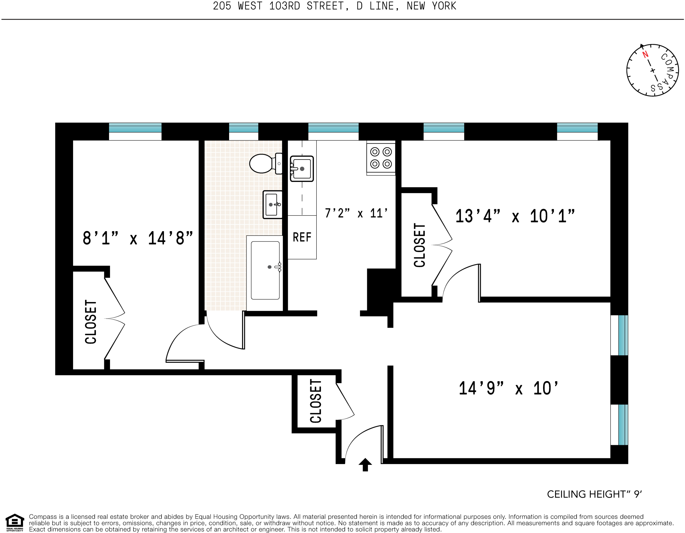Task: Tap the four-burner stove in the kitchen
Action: [x=381, y=158]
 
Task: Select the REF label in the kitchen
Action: [x=302, y=237]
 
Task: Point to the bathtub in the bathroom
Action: [x=265, y=270]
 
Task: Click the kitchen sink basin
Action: [x=302, y=169]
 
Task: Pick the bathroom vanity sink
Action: [x=272, y=205]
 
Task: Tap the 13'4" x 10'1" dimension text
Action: [x=515, y=216]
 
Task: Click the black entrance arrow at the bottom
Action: [x=365, y=465]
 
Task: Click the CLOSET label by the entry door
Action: [x=316, y=401]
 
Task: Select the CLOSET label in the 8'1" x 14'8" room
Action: [x=91, y=322]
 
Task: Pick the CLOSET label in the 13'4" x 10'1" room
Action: [x=420, y=245]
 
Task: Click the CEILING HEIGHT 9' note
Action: [x=595, y=494]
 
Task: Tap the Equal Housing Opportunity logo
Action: [x=15, y=523]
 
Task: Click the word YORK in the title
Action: [x=444, y=6]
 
